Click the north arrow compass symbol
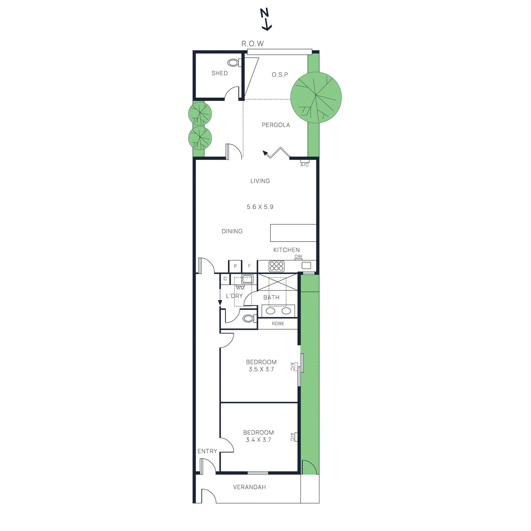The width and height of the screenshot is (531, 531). coord(265,19)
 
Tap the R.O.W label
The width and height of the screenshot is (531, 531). coord(253,44)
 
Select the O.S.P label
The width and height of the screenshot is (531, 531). coord(280,75)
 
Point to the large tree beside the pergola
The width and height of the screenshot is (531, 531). coord(316,97)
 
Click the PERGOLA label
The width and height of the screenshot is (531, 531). coord(276,125)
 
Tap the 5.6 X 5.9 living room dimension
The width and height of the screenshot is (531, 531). coord(260,207)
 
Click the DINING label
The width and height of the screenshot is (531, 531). coord(232,231)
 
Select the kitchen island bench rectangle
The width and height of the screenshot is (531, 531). coord(293,233)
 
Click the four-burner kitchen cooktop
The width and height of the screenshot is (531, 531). coord(276,266)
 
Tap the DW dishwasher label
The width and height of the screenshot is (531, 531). coord(298,257)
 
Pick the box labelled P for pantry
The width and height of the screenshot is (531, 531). coord(235,266)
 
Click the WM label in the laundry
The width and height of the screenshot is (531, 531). coord(240,288)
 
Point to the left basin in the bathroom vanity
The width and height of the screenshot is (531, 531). coord(270,311)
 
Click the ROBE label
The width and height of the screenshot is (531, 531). coord(278,324)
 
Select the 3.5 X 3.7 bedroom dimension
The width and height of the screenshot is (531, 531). coord(261,369)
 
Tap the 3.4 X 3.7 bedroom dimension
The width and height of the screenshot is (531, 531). coord(258,440)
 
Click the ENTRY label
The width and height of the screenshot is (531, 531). coord(207,451)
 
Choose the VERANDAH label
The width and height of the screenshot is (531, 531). coord(249,487)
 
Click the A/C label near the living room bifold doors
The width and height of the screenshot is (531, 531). coord(304,165)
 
